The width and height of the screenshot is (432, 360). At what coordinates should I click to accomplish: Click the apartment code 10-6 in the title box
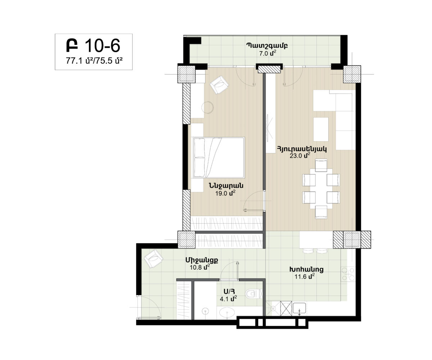[102, 46]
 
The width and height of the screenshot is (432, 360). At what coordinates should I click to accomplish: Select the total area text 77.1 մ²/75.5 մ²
[94, 61]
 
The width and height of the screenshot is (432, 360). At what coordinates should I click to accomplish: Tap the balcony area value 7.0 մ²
[268, 53]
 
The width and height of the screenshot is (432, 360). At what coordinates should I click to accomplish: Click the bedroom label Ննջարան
[226, 186]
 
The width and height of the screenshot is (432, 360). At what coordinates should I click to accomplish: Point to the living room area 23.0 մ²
[300, 156]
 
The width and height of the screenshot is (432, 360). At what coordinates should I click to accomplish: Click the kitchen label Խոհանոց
[306, 269]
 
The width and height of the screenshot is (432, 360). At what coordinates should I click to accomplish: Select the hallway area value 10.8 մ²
[200, 267]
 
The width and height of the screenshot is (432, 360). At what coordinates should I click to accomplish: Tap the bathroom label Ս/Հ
[229, 292]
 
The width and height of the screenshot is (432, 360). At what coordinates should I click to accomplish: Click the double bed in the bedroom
[219, 157]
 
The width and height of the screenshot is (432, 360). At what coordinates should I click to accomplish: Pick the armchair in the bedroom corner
[219, 85]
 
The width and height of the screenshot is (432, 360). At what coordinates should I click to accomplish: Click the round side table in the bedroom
[207, 107]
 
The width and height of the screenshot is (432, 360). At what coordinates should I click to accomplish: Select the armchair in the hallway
[153, 258]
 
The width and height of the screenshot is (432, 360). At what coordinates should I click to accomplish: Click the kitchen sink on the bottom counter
[299, 308]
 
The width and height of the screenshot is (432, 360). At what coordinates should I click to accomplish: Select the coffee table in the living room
[321, 129]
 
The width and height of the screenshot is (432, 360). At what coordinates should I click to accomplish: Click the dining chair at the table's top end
[321, 165]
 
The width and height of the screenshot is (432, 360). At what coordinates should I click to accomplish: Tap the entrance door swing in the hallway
[149, 307]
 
